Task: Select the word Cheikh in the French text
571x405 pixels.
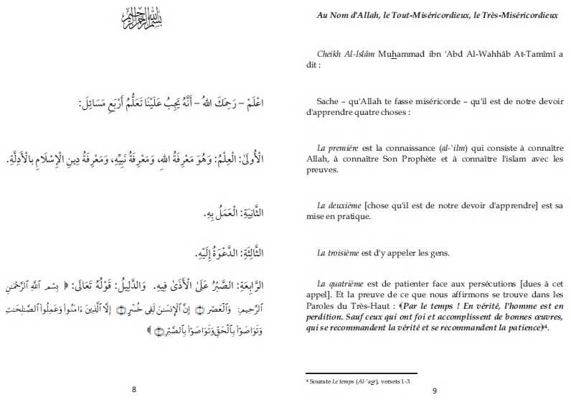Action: click(331, 54)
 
